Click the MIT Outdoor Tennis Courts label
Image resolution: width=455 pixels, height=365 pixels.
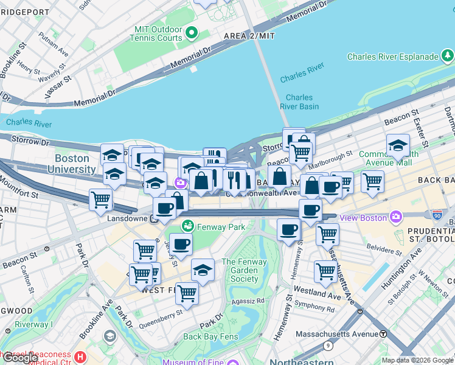point(157,33)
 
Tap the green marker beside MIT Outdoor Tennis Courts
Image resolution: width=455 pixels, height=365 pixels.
point(192,32)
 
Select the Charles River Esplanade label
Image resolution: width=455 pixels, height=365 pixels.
point(392,57)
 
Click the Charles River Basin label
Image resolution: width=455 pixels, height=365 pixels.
point(299,102)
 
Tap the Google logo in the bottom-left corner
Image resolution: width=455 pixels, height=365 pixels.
point(19,357)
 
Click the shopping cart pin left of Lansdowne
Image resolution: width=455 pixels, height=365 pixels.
point(100,200)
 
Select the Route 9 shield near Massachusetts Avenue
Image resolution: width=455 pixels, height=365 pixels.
point(328,346)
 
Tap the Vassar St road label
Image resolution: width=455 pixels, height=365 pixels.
point(58,88)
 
